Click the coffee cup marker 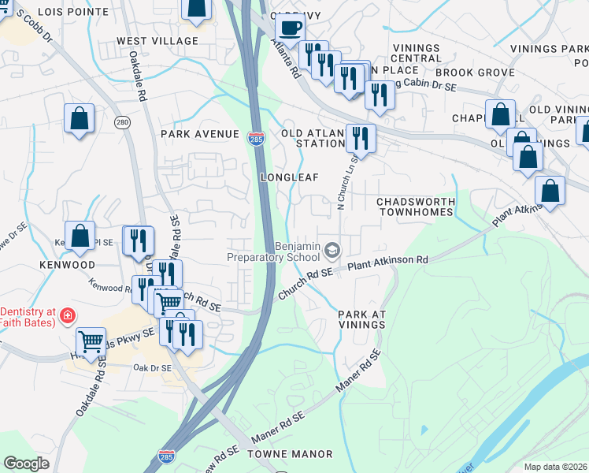[x=290, y=28]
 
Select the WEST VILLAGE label [x=157, y=41]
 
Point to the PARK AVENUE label [x=199, y=134]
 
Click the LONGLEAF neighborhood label [x=289, y=177]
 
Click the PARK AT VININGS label [x=362, y=319]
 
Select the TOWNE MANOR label [x=290, y=454]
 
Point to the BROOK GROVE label [x=464, y=72]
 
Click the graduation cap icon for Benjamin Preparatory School [x=332, y=251]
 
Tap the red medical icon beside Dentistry [x=69, y=315]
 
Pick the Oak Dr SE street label [x=153, y=367]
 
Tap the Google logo [x=27, y=464]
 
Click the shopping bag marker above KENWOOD [x=80, y=235]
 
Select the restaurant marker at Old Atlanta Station [x=361, y=138]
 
